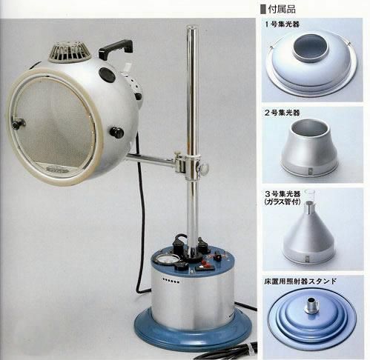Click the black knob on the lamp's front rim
coord(116,132)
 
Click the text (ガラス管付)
coord(291,207)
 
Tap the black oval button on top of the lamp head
coord(107,75)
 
